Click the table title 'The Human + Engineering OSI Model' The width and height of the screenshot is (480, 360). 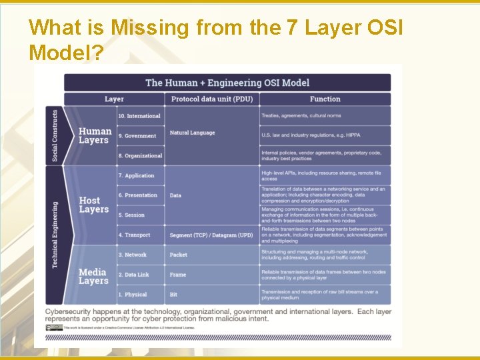click(227, 83)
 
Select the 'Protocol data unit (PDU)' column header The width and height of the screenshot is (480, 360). click(212, 99)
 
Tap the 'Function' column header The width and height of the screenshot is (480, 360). click(325, 99)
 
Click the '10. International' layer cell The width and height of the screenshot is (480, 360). click(139, 116)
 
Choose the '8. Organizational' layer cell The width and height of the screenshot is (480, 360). click(140, 156)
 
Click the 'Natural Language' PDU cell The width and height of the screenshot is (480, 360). click(192, 133)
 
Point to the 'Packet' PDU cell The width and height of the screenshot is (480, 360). click(179, 255)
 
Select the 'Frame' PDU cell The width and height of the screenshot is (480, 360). click(178, 275)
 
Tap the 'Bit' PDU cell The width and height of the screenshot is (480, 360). click(174, 295)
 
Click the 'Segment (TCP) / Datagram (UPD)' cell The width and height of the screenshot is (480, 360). click(211, 235)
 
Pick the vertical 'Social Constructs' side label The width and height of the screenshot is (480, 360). click(55, 135)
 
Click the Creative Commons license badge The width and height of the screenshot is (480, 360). click(54, 327)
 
